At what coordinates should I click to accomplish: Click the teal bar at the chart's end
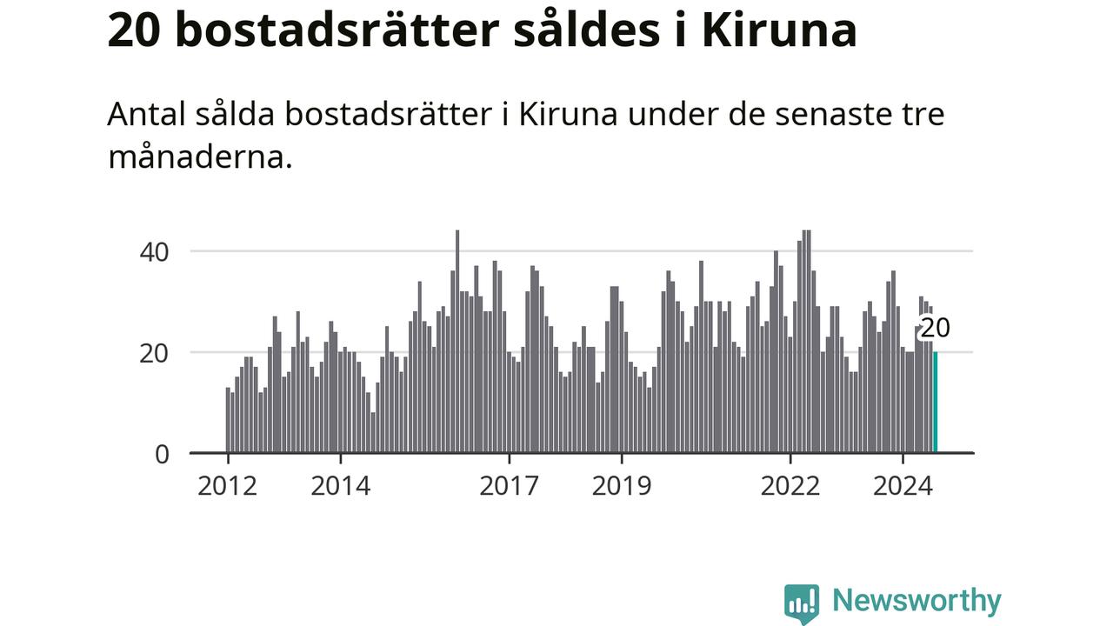(x=936, y=403)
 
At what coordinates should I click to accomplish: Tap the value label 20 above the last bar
(x=935, y=329)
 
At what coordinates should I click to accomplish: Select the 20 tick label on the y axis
(x=155, y=353)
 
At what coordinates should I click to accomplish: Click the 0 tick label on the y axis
(x=163, y=454)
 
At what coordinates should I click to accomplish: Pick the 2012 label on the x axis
(x=227, y=486)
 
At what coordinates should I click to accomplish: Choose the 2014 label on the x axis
(x=341, y=486)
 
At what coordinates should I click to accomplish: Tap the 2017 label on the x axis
(x=509, y=486)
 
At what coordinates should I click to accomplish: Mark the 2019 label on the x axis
(x=622, y=486)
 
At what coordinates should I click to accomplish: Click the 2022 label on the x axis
(x=790, y=486)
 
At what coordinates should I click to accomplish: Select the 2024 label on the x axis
(x=903, y=486)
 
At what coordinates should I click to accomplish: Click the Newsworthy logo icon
(x=801, y=603)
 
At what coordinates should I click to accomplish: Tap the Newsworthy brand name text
(x=916, y=601)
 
